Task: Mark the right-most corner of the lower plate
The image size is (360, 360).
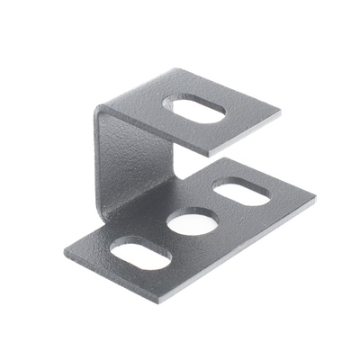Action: pos(317,196)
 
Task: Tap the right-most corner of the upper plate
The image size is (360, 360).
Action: pos(282,114)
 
